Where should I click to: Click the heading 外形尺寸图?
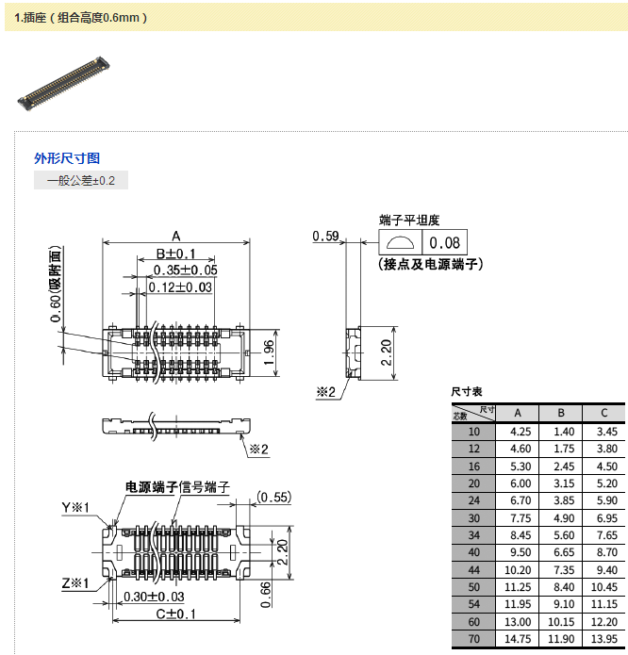tap(67, 158)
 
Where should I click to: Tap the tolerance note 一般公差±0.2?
tap(80, 180)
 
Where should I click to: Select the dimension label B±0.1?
tap(175, 254)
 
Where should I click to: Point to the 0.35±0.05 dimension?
tap(185, 270)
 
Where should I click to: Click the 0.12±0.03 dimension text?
tap(179, 287)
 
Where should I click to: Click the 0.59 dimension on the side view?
tap(325, 237)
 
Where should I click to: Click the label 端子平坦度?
tap(409, 220)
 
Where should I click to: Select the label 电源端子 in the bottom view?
tap(152, 486)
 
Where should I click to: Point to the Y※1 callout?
tap(75, 508)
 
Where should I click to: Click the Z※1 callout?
tap(75, 583)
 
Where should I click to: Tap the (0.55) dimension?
tap(273, 497)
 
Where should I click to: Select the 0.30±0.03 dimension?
tap(154, 597)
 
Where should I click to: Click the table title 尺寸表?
tap(466, 391)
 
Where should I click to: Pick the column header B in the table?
tap(561, 413)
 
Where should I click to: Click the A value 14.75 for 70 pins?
tap(521, 639)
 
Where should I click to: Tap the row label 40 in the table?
tap(473, 552)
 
